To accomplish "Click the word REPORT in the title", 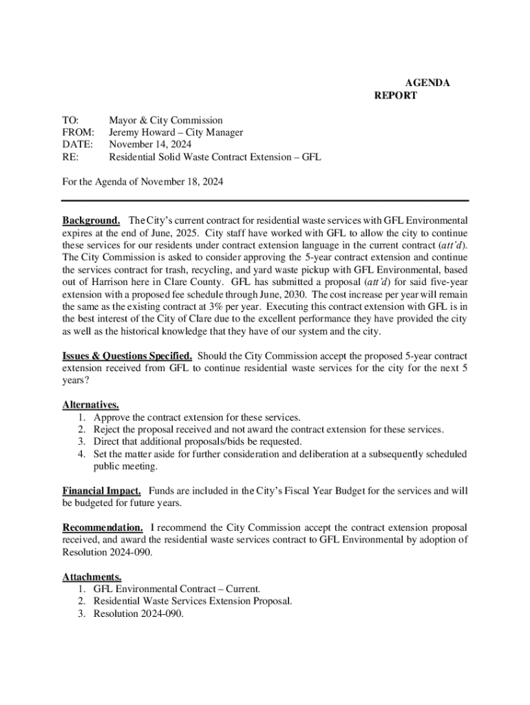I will [x=395, y=96].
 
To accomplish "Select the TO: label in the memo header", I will [x=70, y=120].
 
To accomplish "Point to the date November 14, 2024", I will [x=151, y=145].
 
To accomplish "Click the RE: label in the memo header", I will [x=70, y=158].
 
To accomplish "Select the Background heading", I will [x=91, y=220].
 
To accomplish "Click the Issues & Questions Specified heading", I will [x=127, y=356].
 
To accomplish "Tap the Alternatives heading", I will [x=90, y=405].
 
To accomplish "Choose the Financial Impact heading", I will [x=101, y=491].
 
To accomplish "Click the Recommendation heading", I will [x=103, y=527].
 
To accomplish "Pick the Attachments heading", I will [x=92, y=576].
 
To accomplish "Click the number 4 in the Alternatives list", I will [x=81, y=454].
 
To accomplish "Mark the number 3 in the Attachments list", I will [x=81, y=613].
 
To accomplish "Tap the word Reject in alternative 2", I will [x=108, y=430].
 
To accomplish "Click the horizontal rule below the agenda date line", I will [x=265, y=200].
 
